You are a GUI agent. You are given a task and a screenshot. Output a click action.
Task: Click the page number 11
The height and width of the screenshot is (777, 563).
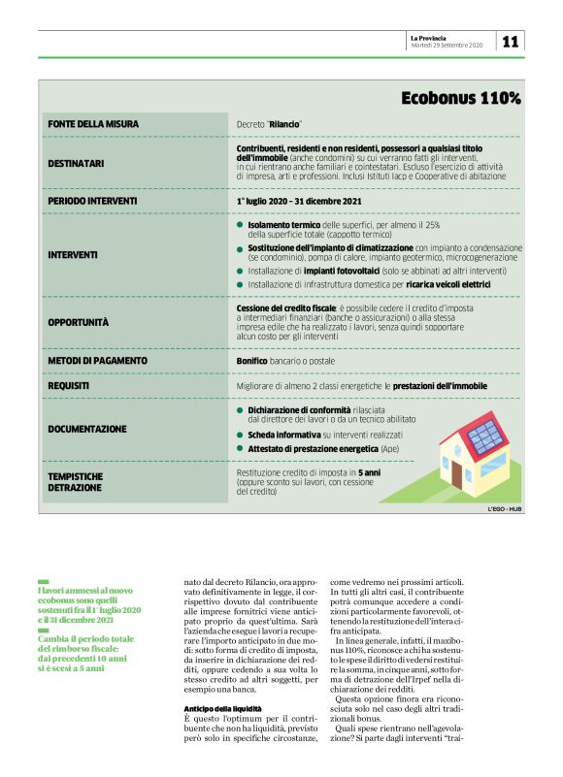[x=511, y=42]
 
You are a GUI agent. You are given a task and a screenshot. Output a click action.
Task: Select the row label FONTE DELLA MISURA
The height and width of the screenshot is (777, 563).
[x=93, y=124]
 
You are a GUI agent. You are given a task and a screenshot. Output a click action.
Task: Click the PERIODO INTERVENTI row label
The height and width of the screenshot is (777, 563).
[x=92, y=201]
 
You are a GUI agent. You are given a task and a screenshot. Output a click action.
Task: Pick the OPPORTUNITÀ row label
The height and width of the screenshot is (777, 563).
[x=79, y=321]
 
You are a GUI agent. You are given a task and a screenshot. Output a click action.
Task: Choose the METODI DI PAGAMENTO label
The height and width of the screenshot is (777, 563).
[x=97, y=361]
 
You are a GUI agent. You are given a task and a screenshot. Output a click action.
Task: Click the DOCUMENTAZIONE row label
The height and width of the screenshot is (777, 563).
[x=87, y=428]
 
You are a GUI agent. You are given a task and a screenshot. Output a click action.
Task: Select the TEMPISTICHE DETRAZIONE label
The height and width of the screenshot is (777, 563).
[x=76, y=481]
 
